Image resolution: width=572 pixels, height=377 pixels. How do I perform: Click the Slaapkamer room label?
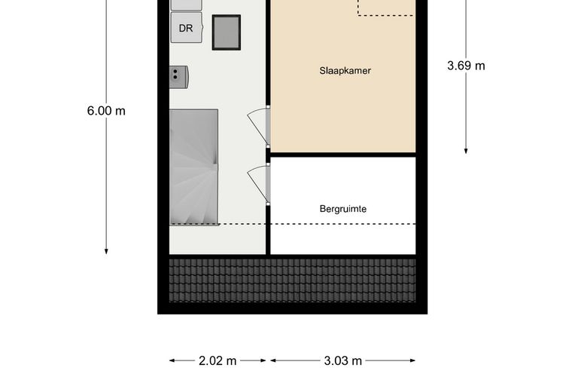[345, 71]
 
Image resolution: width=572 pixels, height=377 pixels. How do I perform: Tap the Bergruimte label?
[342, 209]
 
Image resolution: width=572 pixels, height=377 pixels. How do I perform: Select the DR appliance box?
[186, 29]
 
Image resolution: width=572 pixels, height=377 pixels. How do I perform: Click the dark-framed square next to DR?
[226, 32]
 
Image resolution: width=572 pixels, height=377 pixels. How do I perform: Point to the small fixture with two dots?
[178, 73]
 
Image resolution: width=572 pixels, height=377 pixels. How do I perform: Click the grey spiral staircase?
[194, 167]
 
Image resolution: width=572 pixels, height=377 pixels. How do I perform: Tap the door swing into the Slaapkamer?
[259, 124]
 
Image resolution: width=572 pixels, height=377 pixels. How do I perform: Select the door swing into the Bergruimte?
[259, 183]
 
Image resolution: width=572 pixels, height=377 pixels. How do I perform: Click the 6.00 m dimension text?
[106, 111]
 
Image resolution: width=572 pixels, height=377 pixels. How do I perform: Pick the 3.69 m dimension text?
[466, 66]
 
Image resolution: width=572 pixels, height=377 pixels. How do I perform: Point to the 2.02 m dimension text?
[218, 360]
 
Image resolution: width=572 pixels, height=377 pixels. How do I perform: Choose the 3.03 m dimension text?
[342, 360]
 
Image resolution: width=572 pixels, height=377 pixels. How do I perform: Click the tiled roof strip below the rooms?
[292, 279]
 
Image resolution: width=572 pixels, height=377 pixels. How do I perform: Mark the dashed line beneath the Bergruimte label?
[342, 224]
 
